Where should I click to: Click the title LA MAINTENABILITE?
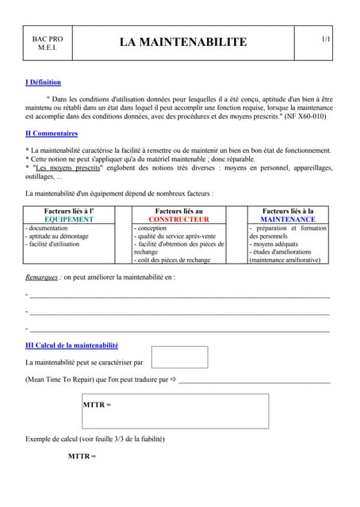[x=183, y=42]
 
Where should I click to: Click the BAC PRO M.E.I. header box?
[x=44, y=43]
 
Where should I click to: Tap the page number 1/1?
[x=325, y=39]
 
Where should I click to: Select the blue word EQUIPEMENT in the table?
[x=70, y=219]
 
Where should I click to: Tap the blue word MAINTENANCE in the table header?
[x=287, y=219]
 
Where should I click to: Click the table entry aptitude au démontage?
[x=58, y=236]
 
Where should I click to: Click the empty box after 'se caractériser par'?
[x=179, y=357]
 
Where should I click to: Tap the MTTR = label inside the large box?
[x=97, y=405]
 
